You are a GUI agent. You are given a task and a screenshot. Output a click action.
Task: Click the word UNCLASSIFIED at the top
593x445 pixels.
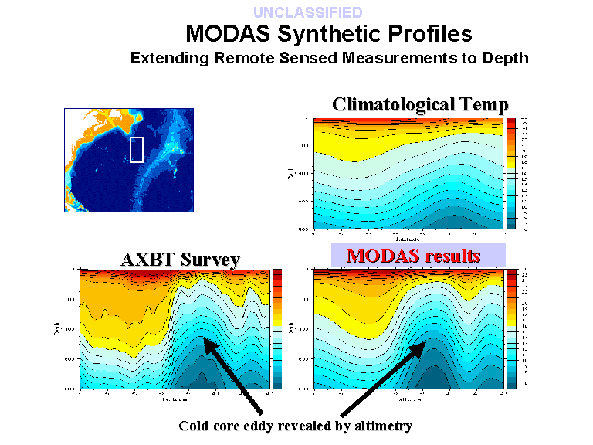point(307,12)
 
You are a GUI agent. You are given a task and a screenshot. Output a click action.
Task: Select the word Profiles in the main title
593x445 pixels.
point(424,34)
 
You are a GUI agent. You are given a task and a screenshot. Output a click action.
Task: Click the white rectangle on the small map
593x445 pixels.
point(137,149)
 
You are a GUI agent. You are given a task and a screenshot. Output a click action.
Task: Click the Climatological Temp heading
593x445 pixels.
point(420,105)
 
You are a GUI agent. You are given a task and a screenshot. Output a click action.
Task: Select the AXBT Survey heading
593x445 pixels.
point(180,260)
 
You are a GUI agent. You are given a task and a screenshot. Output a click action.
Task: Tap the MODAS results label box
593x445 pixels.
point(418,255)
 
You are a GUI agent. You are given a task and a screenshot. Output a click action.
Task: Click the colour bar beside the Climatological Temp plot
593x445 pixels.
point(510,175)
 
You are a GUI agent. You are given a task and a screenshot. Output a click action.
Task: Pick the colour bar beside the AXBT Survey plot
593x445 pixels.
point(278,328)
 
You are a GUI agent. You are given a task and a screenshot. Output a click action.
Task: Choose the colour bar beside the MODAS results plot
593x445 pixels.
point(511,328)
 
